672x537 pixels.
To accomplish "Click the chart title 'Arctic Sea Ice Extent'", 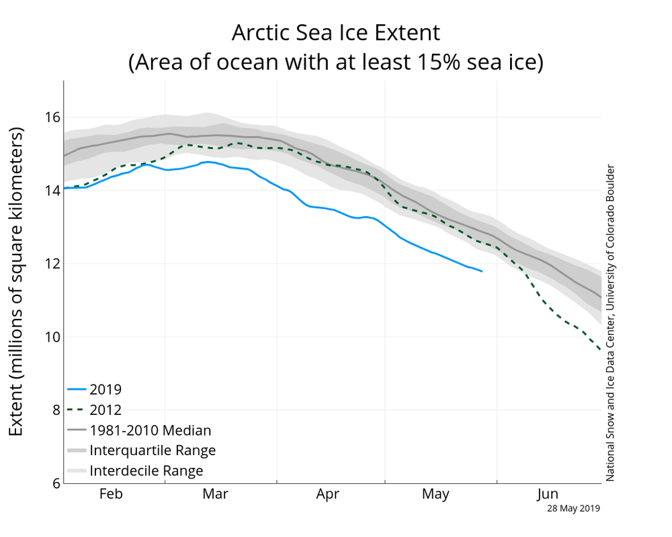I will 335,32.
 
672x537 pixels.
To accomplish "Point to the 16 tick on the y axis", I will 51,117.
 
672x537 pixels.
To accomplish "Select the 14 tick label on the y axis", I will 51,191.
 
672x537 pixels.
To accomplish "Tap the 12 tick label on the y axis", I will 51,264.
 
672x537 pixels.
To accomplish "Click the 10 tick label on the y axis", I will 51,337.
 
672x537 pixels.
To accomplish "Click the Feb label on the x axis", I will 110,495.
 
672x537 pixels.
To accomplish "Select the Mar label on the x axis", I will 216,495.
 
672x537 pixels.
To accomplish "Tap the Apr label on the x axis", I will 327,495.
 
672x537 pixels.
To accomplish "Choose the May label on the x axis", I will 435,495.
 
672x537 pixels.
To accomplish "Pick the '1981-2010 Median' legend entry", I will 150,430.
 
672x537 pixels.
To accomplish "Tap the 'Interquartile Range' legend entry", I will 153,450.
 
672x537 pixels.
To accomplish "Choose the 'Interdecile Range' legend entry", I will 146,471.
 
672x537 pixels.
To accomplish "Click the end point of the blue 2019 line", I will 482,271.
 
